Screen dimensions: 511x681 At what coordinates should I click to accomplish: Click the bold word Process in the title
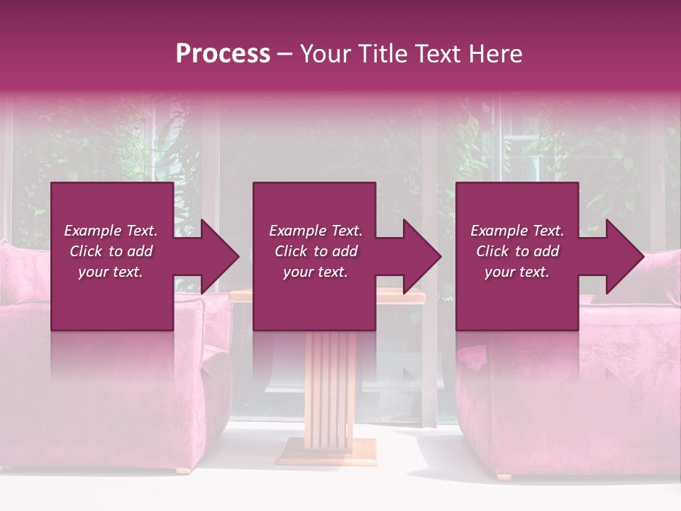click(223, 54)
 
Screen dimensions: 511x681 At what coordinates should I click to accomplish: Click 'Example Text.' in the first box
click(111, 231)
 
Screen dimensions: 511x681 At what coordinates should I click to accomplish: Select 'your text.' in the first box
click(111, 272)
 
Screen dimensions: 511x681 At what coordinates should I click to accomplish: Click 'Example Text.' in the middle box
click(315, 231)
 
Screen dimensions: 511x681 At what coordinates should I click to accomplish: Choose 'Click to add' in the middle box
click(315, 251)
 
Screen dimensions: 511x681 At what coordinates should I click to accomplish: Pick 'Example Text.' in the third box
click(517, 231)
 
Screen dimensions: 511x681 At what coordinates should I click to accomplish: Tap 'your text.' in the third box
click(517, 272)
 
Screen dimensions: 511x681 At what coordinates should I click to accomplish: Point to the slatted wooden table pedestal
click(331, 383)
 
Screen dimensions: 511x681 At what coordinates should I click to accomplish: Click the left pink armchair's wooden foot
click(183, 470)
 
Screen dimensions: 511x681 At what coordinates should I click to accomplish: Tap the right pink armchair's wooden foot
click(504, 476)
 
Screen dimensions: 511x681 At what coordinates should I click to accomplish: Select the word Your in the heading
click(323, 54)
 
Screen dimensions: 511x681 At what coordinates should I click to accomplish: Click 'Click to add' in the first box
click(111, 251)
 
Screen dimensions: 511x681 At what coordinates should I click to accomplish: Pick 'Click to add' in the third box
click(517, 251)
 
